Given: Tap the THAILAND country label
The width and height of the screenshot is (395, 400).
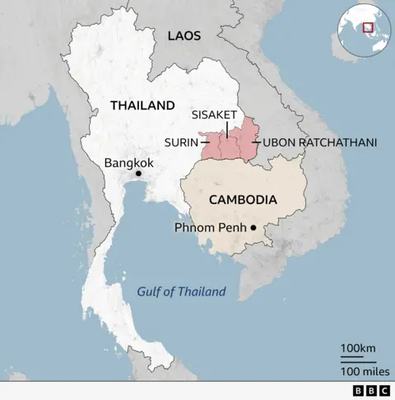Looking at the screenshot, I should coord(142,105).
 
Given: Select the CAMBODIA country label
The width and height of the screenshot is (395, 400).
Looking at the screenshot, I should coord(242,199).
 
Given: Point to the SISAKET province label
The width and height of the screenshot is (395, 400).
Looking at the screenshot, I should coord(214,114).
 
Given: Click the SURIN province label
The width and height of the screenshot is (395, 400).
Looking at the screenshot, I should coord(180,142).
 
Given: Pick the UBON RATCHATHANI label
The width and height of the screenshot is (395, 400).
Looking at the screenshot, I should coord(320,142).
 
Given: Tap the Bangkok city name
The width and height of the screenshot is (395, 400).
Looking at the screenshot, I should coord(129,163).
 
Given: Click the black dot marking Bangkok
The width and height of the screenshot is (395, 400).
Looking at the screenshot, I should coord(138,174).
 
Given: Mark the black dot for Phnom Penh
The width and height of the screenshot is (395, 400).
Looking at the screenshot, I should coord(254,228).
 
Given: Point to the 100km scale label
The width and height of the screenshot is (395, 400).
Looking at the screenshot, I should coord(357,349).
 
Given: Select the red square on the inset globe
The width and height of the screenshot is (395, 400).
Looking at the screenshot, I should coord(369,27).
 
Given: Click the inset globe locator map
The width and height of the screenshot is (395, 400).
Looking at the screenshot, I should coord(362,30).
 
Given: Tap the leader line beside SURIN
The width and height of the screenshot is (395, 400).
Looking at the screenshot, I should coord(203,142).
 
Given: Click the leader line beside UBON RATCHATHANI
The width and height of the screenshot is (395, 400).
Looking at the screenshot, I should coord(257,142).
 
